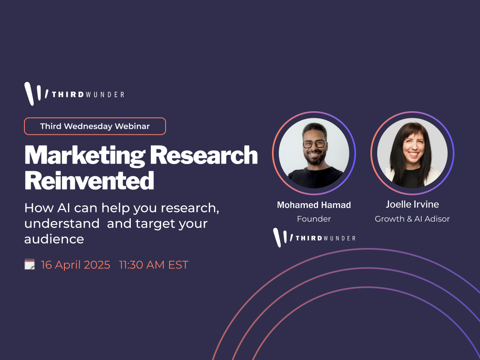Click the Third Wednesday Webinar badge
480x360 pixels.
tap(95, 126)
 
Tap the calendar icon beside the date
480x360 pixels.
tap(30, 264)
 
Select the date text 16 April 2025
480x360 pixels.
tap(76, 265)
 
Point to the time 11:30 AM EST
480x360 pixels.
tap(154, 265)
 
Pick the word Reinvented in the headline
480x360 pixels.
tap(89, 180)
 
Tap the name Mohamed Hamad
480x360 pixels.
tap(314, 205)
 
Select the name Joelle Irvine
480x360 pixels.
tap(412, 204)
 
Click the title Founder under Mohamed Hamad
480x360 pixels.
tap(314, 219)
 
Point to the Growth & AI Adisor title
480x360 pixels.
tap(412, 219)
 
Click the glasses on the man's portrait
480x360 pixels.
tap(314, 144)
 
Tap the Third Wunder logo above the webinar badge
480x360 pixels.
tap(74, 94)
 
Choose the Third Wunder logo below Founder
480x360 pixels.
tap(314, 238)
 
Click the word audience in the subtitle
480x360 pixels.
tap(54, 239)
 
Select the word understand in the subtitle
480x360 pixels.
tap(62, 223)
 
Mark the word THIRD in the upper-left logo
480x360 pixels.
tap(68, 94)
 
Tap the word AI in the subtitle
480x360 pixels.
tap(64, 208)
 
